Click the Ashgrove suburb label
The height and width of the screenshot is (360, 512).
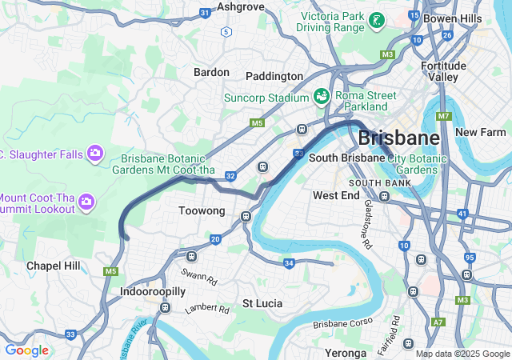[241, 6]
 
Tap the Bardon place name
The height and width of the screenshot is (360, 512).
[211, 72]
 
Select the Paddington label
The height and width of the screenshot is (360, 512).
[274, 76]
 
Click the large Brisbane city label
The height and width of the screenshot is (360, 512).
[398, 138]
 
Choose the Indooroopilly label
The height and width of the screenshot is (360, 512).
[154, 292]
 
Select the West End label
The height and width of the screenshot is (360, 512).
[336, 195]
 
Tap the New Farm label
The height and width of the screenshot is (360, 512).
[481, 131]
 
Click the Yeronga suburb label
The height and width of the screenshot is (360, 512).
[346, 352]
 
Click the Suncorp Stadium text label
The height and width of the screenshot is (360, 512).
[266, 98]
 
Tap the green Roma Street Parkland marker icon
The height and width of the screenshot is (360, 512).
[322, 96]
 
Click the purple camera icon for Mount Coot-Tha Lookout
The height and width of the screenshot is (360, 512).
[86, 203]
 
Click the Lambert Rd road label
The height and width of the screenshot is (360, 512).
[201, 308]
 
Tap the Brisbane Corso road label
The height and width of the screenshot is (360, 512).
[343, 324]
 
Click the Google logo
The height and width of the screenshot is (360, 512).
[26, 350]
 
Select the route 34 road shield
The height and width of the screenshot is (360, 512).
[289, 262]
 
